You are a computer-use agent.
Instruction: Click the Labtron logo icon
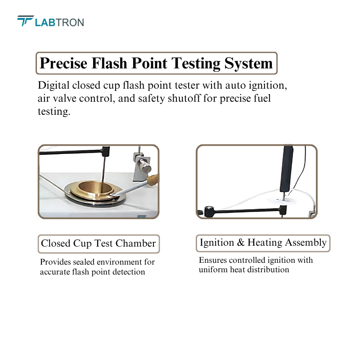click(x=26, y=21)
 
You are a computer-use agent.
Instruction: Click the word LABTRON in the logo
click(x=59, y=22)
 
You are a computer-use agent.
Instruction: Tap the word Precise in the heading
click(x=63, y=63)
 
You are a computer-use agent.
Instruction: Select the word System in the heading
click(x=248, y=63)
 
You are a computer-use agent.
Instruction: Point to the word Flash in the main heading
click(x=109, y=63)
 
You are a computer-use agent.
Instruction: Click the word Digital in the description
click(x=54, y=85)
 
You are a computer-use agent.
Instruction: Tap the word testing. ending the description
click(x=54, y=112)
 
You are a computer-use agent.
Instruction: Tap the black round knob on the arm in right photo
click(x=209, y=211)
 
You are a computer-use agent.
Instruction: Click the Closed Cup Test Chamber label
click(x=99, y=243)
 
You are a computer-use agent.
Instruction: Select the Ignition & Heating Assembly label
click(x=263, y=243)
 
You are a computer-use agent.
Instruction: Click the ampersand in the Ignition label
click(x=240, y=243)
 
